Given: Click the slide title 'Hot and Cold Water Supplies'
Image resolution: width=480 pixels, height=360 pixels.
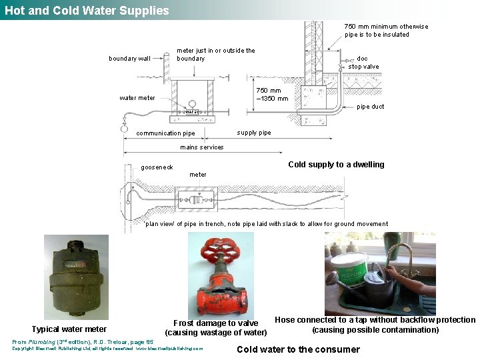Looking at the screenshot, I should (x=87, y=10).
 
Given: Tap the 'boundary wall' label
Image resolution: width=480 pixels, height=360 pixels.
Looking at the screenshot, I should (x=130, y=59).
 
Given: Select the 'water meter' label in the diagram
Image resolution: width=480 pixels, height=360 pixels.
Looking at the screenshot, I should (x=137, y=98).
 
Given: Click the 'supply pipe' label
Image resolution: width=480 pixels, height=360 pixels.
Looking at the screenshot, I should (x=254, y=133).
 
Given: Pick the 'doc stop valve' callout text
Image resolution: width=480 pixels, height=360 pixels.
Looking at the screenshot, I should (x=363, y=63).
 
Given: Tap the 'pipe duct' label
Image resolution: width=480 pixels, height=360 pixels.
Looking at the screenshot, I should (x=371, y=107).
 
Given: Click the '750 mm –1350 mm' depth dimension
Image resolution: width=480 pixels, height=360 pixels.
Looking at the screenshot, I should (x=272, y=95).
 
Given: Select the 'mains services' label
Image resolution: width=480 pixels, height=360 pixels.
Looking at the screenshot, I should (x=202, y=147).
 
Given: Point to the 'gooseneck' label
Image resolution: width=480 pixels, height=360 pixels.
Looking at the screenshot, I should (x=157, y=167).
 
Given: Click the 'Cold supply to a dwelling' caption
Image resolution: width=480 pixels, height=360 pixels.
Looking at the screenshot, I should (x=336, y=165).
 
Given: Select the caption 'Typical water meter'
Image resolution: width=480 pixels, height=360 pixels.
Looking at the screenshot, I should (x=69, y=329).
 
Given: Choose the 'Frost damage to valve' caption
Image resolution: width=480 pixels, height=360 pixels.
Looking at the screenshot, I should (x=215, y=323).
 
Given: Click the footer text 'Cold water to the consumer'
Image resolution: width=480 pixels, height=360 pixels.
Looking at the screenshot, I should (x=298, y=349).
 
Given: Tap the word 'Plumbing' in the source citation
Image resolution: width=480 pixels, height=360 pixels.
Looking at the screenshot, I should (x=45, y=342).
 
